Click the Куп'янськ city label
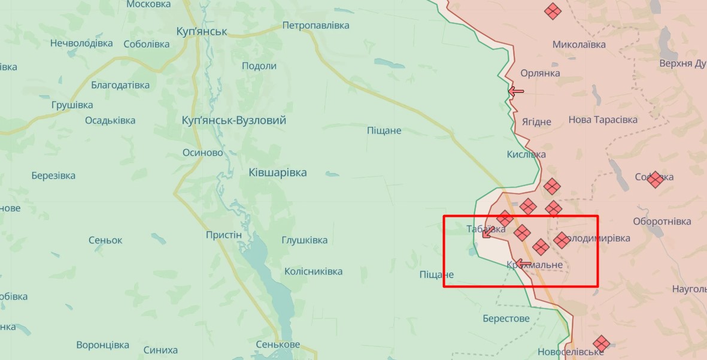point(202,32)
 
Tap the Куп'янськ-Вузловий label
point(233,120)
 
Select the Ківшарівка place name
point(277,173)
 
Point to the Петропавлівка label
point(315,26)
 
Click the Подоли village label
point(259,66)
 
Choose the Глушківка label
point(304,240)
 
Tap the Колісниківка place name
point(313,271)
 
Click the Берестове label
point(506,318)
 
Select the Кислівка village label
point(526,155)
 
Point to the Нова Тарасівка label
point(602,120)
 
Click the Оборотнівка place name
point(662,222)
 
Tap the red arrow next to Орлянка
point(515,92)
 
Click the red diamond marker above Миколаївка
point(553,10)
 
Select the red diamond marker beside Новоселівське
point(601,343)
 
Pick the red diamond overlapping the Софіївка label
point(655,179)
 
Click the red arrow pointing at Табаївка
point(487,234)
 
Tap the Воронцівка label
point(102,345)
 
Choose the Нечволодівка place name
point(81,43)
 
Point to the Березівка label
point(53,176)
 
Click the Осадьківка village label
point(110,120)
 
